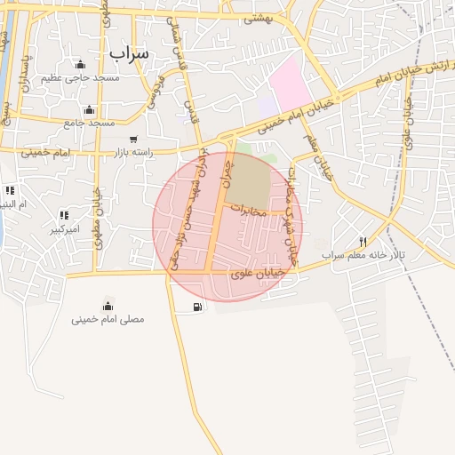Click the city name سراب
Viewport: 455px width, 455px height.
pos(131,53)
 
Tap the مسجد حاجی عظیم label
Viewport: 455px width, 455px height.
pos(80,78)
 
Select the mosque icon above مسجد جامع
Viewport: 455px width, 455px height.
pos(88,110)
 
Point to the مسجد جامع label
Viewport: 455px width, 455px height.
pos(89,123)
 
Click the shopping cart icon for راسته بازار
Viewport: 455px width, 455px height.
pos(133,140)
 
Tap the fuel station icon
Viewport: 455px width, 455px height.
pos(195,307)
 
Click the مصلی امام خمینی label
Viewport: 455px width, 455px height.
pos(108,318)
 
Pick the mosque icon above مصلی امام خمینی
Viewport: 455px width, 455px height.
pos(108,305)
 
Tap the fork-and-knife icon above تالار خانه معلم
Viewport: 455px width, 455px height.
pos(363,242)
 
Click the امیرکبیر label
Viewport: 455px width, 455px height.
pos(64,228)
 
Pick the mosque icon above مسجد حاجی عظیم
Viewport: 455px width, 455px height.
pos(80,65)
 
